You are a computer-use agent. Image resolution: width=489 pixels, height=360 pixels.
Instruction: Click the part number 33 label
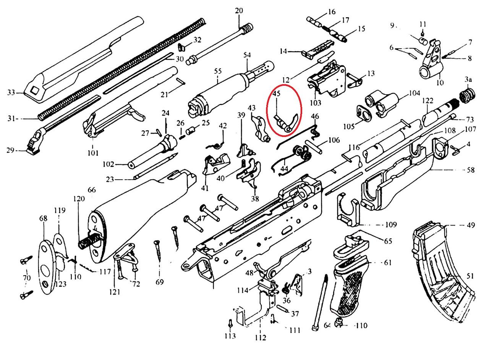coord(11,92)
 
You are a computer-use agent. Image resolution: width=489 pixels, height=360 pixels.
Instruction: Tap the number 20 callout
coord(239,10)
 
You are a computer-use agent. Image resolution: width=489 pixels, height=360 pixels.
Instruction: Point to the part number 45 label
coord(276,94)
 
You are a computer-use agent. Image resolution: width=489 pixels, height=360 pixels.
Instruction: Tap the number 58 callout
coord(471,170)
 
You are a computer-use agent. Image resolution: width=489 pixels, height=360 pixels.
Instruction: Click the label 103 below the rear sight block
coord(316,102)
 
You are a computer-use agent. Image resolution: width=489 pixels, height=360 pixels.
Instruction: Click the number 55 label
coord(218,71)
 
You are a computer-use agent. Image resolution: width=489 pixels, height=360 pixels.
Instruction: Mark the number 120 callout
coord(79,198)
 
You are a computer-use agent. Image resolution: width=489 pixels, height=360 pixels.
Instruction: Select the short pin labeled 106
coord(314,147)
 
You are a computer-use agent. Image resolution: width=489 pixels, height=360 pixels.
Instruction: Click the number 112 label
coord(261,337)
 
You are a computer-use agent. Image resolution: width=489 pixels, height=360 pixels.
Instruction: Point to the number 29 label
coord(10,150)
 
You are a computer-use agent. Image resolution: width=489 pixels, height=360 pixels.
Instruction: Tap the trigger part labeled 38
coord(249,174)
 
